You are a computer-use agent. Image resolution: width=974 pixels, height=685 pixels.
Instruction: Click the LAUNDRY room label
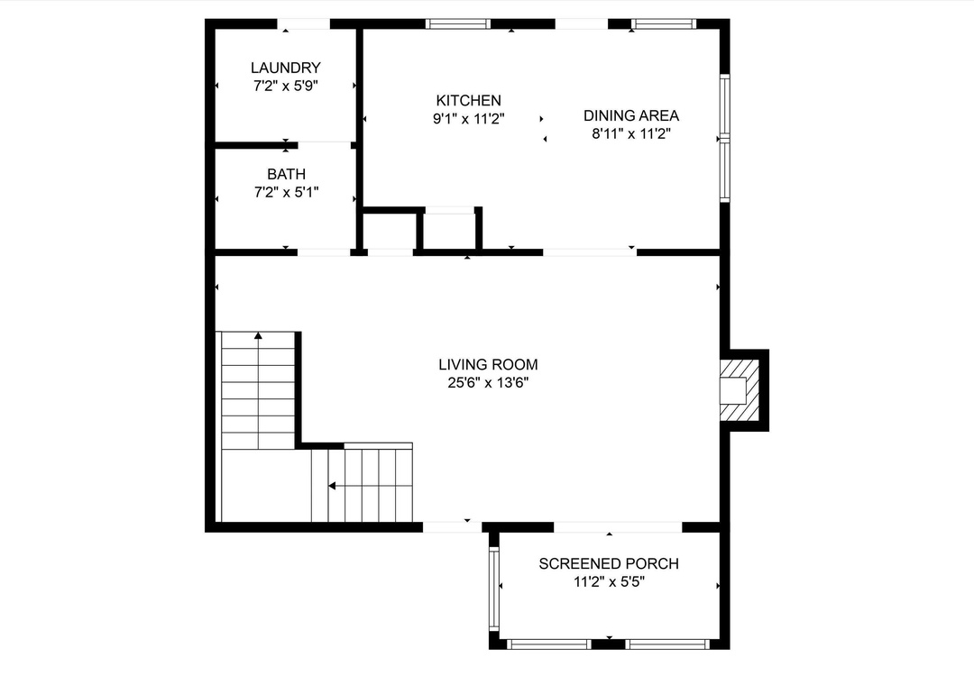(286, 68)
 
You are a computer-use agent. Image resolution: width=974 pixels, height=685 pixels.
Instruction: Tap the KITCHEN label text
(468, 101)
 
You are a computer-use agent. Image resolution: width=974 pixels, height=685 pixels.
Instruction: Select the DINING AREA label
(631, 115)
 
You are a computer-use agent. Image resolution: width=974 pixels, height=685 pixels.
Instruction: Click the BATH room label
(287, 175)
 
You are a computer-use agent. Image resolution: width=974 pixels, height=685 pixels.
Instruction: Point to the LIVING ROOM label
(488, 364)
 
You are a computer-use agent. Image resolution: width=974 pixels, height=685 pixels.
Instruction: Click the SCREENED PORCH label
(609, 564)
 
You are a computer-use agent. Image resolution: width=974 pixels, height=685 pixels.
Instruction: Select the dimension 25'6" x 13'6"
(488, 382)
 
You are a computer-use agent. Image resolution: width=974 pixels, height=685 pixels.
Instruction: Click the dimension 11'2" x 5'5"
(609, 582)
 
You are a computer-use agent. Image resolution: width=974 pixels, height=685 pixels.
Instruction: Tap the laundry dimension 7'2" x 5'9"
(286, 86)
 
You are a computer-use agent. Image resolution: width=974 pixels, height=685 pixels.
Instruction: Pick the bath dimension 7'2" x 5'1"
(287, 193)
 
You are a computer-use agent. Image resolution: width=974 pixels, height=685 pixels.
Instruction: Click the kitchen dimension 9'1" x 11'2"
(468, 119)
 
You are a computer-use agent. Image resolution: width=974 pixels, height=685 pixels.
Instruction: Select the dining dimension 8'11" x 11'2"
(631, 133)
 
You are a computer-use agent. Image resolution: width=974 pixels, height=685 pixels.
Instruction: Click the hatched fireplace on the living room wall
(740, 390)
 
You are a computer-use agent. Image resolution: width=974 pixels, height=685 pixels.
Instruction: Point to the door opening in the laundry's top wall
(303, 24)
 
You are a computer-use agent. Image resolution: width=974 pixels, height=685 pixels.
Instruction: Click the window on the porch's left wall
(494, 589)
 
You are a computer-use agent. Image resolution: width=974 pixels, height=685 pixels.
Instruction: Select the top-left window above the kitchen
(458, 24)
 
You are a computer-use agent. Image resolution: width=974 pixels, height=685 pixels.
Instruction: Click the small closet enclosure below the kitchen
(449, 231)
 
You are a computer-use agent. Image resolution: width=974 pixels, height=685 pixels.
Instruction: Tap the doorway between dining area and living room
(590, 252)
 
